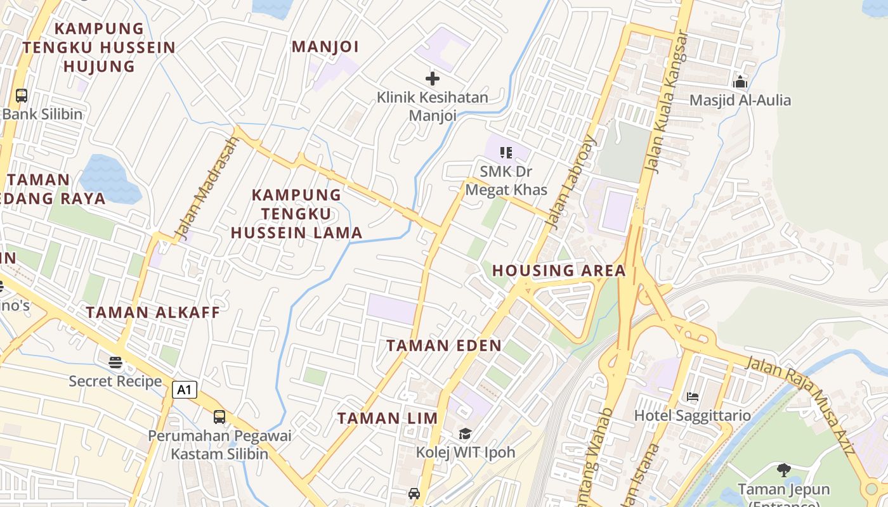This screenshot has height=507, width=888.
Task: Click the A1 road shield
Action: point(184,390)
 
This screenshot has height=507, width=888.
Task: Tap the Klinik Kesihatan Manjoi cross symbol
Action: point(433,79)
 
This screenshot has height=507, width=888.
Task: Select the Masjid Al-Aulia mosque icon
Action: point(740,82)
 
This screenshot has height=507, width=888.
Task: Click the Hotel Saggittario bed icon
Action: point(693,397)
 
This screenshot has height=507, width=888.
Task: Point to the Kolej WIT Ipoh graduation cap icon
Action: point(466,434)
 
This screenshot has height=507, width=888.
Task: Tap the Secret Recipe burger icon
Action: point(115,363)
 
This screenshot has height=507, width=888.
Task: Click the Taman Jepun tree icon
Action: point(784,470)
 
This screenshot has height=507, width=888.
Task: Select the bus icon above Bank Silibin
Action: point(22,96)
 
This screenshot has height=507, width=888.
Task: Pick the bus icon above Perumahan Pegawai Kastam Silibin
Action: point(219,417)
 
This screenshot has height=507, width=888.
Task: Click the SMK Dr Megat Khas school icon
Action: point(506,153)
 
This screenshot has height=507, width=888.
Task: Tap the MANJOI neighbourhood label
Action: point(325,46)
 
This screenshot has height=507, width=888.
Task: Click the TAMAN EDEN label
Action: point(444,345)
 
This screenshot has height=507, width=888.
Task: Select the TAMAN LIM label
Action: point(388,418)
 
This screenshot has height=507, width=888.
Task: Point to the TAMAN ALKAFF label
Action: point(153,312)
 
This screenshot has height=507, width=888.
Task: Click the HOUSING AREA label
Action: point(559,271)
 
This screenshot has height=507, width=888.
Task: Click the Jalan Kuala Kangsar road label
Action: point(665,101)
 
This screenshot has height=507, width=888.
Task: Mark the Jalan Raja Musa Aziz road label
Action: point(800,405)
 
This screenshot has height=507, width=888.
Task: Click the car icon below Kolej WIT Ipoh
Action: point(414,493)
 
